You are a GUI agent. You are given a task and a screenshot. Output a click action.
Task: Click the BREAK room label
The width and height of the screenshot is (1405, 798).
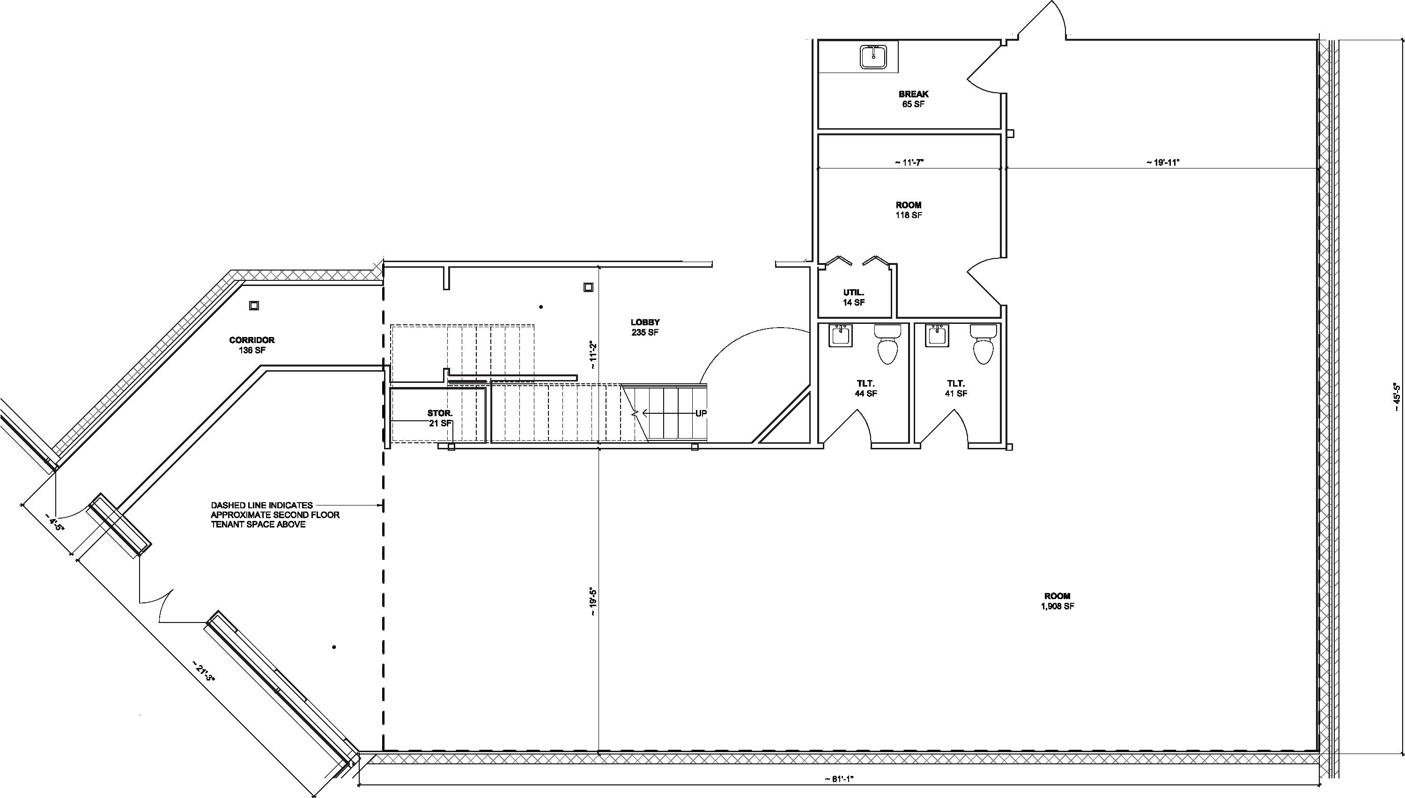pyautogui.click(x=914, y=94)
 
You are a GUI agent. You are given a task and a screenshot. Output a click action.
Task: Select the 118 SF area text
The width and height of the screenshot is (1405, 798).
pyautogui.click(x=909, y=215)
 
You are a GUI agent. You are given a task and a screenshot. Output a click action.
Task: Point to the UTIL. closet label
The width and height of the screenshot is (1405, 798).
pyautogui.click(x=854, y=293)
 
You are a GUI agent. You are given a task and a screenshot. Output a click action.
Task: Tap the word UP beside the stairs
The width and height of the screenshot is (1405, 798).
pyautogui.click(x=701, y=413)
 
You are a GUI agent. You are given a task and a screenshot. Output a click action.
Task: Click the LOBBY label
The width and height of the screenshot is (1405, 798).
pyautogui.click(x=645, y=322)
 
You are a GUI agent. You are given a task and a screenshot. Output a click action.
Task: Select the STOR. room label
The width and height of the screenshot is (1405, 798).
pyautogui.click(x=440, y=413)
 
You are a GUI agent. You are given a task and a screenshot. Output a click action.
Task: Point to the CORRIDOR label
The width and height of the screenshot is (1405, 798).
pyautogui.click(x=251, y=340)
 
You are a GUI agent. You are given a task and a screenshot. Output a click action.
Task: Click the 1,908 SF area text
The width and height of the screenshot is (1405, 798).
pyautogui.click(x=1057, y=606)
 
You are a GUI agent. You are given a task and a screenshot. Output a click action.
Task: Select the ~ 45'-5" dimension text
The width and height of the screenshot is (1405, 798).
pyautogui.click(x=1397, y=396)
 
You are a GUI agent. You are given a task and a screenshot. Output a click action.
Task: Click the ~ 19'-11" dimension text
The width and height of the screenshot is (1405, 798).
pyautogui.click(x=1162, y=162)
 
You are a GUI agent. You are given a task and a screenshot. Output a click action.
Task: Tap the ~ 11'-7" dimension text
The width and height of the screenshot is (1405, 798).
pyautogui.click(x=909, y=162)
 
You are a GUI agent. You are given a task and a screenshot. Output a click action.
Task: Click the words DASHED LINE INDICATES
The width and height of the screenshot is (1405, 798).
pyautogui.click(x=262, y=505)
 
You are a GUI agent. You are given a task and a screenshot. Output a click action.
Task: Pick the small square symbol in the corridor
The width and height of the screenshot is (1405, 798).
pyautogui.click(x=254, y=306)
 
